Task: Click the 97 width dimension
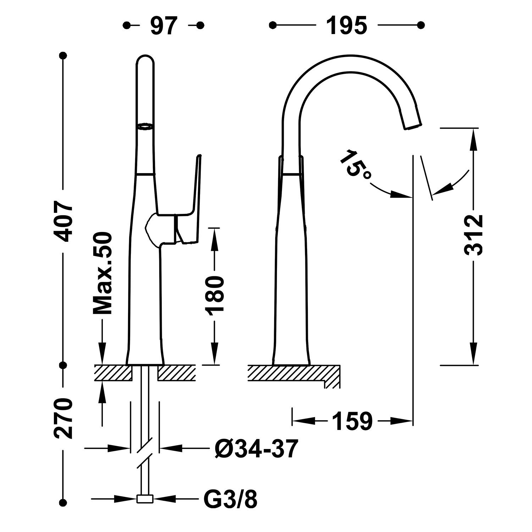tap(164, 25)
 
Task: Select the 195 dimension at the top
tap(347, 25)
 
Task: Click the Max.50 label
tap(102, 273)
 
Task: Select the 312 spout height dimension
tap(473, 235)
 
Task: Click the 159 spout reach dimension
tap(352, 421)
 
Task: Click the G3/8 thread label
tap(231, 499)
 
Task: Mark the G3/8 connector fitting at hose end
tap(145, 499)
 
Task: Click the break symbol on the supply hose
tap(145, 454)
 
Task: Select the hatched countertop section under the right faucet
tap(294, 376)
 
